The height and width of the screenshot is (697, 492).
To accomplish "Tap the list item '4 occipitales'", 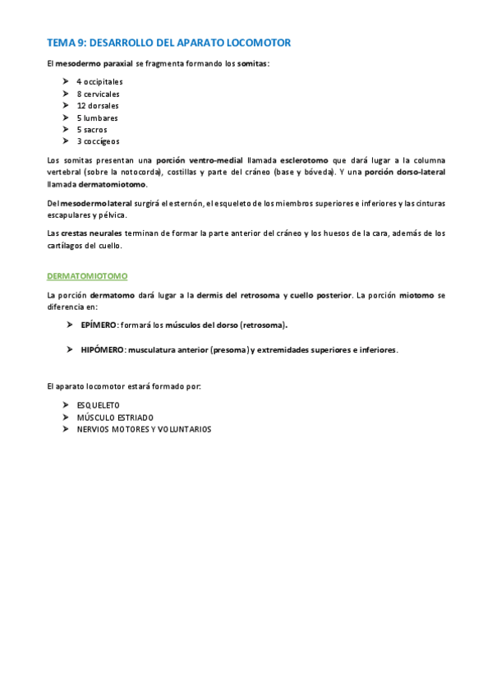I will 99,82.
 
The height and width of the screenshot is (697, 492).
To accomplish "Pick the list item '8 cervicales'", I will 98,94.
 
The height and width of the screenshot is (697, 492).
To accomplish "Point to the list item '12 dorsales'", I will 98,105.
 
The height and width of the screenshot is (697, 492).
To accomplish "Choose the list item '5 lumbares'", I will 97,118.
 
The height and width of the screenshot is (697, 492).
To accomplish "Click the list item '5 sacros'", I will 92,129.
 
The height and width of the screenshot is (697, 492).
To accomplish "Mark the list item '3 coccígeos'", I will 98,141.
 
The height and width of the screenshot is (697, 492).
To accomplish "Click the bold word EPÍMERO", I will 99,325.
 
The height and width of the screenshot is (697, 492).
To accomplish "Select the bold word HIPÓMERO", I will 102,349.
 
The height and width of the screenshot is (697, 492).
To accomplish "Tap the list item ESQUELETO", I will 98,405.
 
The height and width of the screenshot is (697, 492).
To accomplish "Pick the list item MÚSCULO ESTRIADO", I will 114,418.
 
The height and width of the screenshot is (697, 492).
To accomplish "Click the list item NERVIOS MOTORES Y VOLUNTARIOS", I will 144,429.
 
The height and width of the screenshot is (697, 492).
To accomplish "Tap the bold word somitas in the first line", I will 252,63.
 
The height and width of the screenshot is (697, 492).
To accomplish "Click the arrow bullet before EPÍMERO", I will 71,325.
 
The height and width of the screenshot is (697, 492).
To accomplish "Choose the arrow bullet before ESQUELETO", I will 65,405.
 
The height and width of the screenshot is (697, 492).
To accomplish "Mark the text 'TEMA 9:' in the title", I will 66,43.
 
